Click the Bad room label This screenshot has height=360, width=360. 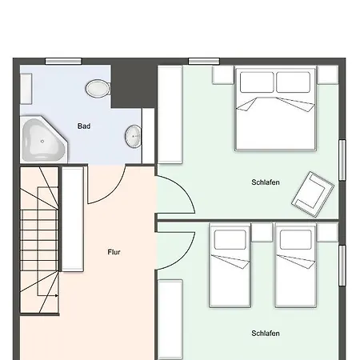pos(84,126)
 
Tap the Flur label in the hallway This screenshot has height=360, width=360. pos(114,252)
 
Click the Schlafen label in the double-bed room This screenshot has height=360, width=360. pos(266,182)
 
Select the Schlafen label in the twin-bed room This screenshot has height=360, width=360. pos(266,334)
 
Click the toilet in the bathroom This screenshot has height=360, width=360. pos(98,89)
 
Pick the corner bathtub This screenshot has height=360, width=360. pos(43,139)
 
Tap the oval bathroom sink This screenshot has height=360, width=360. pos(133,136)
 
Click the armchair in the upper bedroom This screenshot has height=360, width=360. pos(313,194)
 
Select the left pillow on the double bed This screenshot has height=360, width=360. pos(257,82)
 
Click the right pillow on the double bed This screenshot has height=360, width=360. pos(293,82)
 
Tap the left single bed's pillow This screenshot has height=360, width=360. pos(230,240)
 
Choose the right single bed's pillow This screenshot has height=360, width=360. pos(295,240)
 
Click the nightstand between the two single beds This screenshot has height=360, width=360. pos(262,233)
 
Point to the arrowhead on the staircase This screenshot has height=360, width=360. pos(57,295)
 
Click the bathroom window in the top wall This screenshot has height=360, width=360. pos(63,62)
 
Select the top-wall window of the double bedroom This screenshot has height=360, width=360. pos(204,62)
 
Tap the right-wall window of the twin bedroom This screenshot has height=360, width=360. pos(342,266)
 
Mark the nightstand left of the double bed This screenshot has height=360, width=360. pos(223,75)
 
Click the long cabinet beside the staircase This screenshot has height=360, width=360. pos(73,219)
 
